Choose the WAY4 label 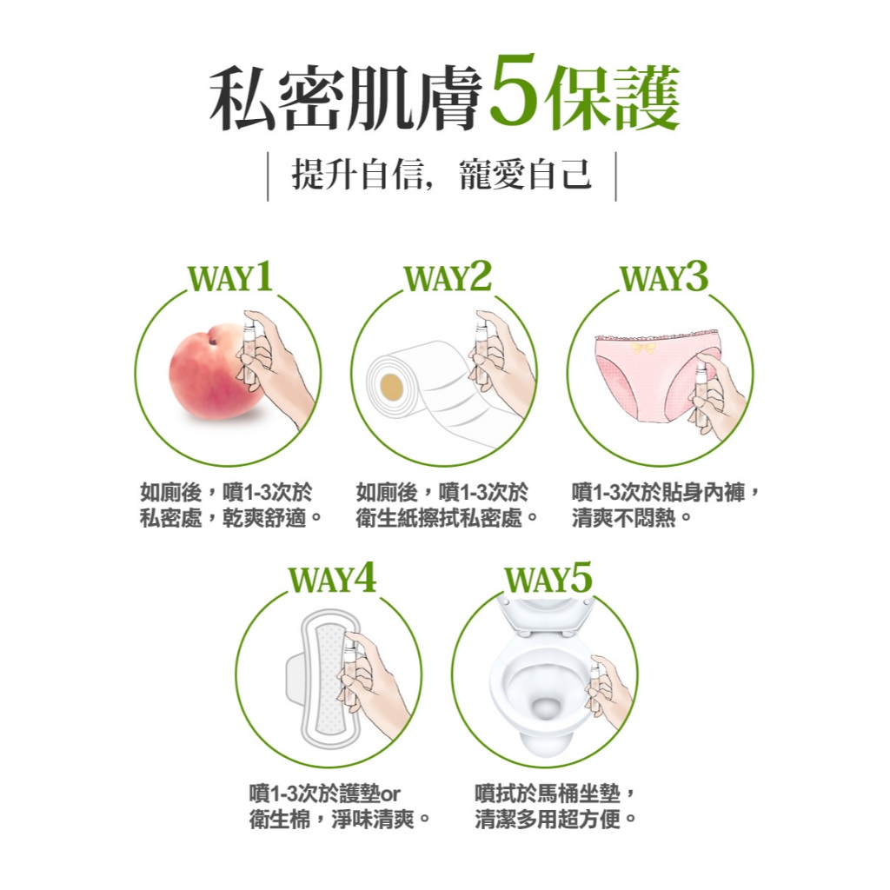coord(332,578)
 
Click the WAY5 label coord(548,578)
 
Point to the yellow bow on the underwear coord(643,348)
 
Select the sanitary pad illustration coord(322,679)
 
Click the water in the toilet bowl coord(545,709)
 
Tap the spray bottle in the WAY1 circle coord(249,352)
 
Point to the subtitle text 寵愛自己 coord(526,174)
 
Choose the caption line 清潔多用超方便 coord(555,819)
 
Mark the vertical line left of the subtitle coord(268,176)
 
